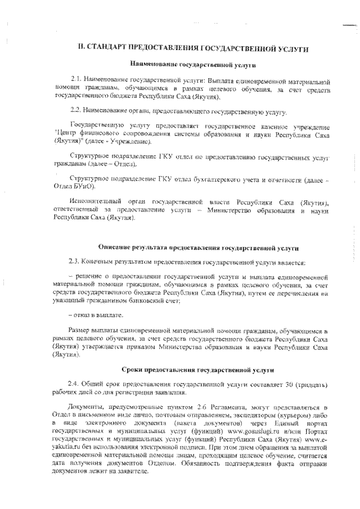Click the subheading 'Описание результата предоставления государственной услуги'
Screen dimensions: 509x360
click(198, 247)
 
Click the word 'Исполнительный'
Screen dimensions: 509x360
click(91, 201)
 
